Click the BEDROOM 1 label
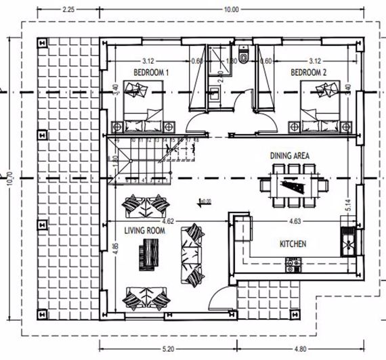(x=152, y=72)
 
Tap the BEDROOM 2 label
(x=309, y=72)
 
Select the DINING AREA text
(x=290, y=156)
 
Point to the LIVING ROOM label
(x=142, y=231)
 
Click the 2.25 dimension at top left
(x=68, y=9)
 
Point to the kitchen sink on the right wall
(x=348, y=240)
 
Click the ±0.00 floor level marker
(x=204, y=201)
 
